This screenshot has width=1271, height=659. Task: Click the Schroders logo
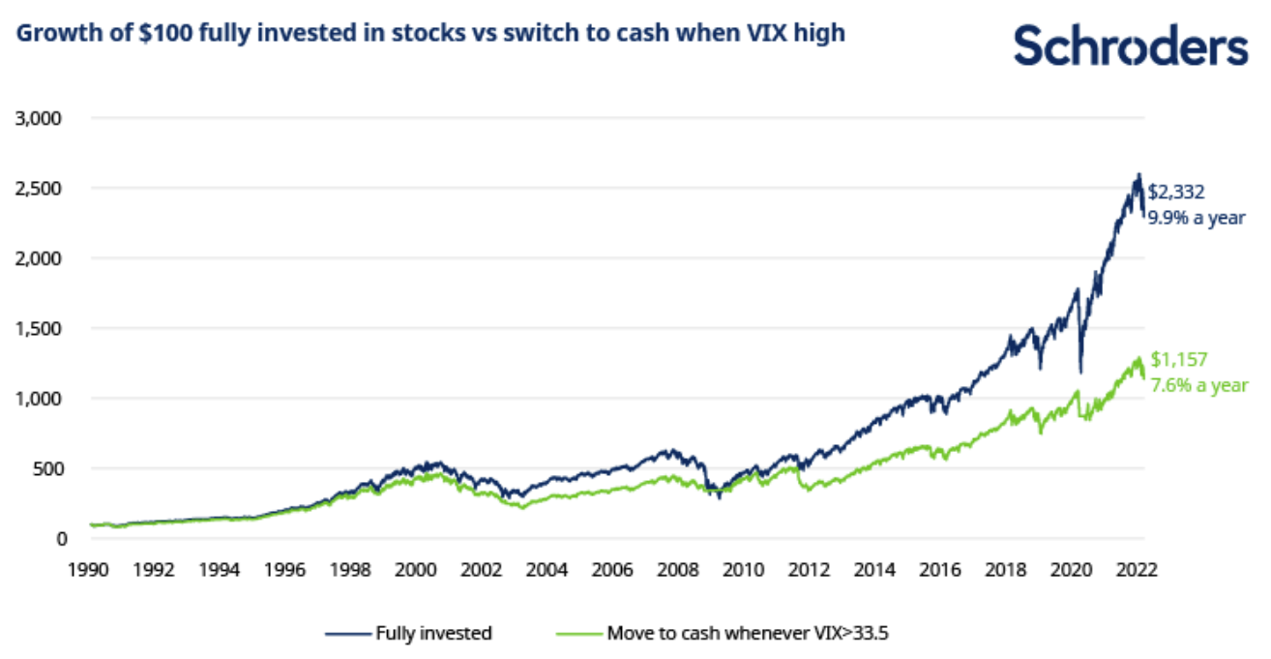[x=1131, y=45]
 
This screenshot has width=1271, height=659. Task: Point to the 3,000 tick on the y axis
[x=39, y=118]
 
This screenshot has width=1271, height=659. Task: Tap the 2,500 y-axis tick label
[x=39, y=188]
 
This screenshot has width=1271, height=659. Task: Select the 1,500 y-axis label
[x=39, y=328]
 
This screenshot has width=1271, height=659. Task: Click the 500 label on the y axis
[x=45, y=468]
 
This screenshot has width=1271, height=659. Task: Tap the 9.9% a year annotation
[x=1197, y=219]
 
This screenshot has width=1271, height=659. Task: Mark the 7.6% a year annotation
[x=1198, y=385]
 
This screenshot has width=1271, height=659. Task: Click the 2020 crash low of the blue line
[x=1080, y=372]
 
